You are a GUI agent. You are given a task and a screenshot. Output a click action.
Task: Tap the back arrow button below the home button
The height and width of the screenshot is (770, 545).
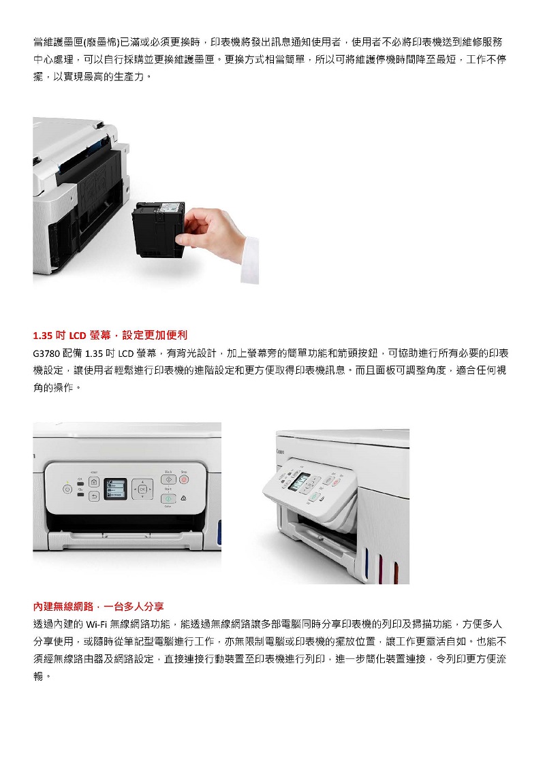94,497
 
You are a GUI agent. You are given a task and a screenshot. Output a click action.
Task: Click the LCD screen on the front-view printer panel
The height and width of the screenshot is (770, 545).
115,489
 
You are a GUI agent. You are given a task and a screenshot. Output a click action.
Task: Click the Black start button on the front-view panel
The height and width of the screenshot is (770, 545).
168,480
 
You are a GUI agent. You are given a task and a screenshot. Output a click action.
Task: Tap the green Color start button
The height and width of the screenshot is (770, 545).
168,498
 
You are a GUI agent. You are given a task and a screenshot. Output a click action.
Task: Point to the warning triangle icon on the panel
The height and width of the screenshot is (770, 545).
183,498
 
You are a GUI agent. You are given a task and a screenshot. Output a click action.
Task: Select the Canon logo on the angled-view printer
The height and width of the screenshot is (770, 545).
280,452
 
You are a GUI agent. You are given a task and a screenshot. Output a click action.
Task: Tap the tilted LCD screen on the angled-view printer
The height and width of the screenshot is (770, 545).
298,481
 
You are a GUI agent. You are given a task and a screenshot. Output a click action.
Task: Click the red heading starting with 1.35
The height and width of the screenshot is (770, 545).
110,336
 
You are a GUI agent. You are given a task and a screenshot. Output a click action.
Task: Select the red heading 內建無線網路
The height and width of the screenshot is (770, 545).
98,607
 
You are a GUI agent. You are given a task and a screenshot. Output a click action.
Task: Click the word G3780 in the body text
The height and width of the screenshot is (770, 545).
47,353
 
